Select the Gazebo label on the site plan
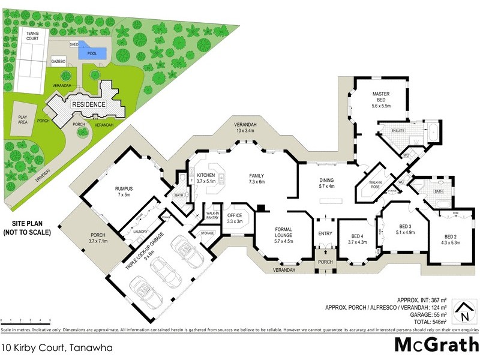click(x=58, y=61)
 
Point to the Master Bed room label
click(x=381, y=98)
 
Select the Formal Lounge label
click(x=283, y=232)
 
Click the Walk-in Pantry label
click(x=211, y=215)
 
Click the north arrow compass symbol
click(x=464, y=312)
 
